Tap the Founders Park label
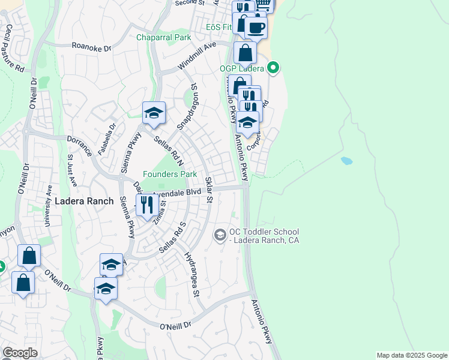click(170, 174)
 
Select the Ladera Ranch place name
click(84, 201)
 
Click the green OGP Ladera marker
click(273, 67)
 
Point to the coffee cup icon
click(256, 27)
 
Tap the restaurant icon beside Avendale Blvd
click(147, 205)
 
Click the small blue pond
click(346, 161)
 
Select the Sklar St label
click(209, 190)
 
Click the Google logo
click(20, 353)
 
